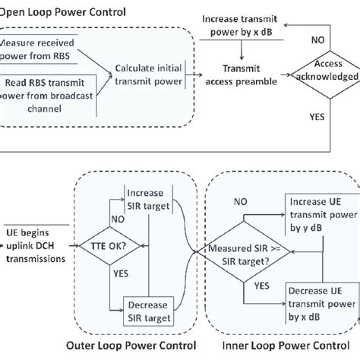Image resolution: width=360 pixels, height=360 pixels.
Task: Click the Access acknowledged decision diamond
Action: pos(327,71)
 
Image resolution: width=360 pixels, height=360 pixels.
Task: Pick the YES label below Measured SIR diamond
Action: pos(261,288)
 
